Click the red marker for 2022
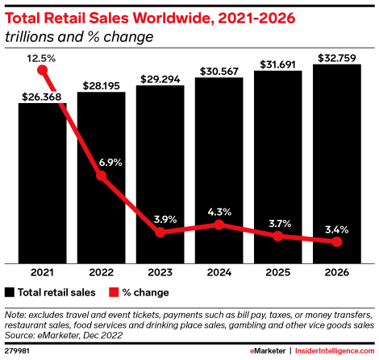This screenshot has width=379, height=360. [102, 176]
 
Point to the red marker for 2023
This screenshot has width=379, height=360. [160, 232]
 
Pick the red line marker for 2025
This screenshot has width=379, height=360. [278, 236]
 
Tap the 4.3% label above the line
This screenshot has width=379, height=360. [219, 212]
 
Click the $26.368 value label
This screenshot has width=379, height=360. [42, 96]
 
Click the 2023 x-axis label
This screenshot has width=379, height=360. [160, 272]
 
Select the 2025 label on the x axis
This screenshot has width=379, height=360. [278, 272]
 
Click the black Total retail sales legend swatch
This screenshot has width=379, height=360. [10, 291]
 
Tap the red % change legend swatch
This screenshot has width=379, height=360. [113, 291]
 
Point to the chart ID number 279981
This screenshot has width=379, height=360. [18, 351]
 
